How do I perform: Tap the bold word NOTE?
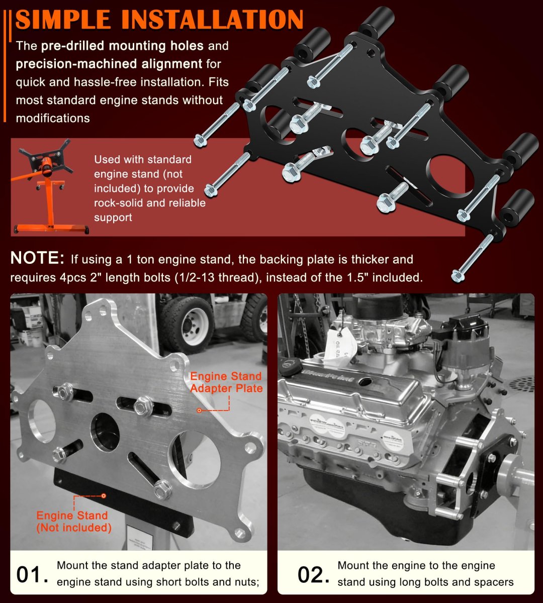(37, 258)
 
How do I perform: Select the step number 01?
(32, 574)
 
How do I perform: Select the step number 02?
(313, 574)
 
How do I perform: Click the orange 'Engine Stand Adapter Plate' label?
(226, 382)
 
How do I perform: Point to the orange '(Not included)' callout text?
(74, 528)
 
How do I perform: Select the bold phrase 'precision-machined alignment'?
(109, 64)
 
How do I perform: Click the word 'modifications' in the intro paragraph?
(53, 118)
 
